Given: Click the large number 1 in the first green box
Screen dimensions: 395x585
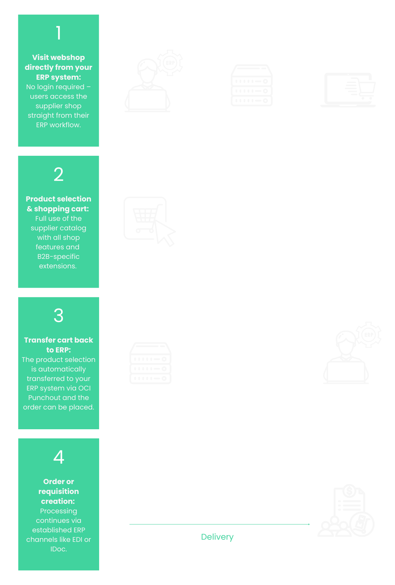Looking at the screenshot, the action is point(59,33).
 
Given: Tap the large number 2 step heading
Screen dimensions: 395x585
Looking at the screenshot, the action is point(59,174).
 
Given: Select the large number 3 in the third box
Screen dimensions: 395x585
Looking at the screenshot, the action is point(59,316).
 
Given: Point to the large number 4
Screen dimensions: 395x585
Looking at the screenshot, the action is point(59,457).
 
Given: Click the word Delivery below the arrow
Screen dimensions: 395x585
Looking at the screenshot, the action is point(217,537).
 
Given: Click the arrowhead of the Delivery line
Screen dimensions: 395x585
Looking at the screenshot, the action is point(309,524).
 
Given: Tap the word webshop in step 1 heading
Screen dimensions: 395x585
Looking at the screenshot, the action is point(68,57).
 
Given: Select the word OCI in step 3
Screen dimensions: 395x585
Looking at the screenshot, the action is point(84,388).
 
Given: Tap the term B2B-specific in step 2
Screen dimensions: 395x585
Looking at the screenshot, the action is point(59,257).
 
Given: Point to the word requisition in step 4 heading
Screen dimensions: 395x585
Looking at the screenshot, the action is point(59,491).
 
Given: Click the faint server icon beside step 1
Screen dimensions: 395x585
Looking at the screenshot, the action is point(252,86).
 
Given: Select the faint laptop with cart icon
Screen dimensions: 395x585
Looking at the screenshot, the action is point(348,90).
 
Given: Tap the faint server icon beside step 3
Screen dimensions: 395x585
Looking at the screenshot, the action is point(150,363).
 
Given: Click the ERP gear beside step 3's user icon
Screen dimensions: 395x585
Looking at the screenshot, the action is point(369,335).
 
